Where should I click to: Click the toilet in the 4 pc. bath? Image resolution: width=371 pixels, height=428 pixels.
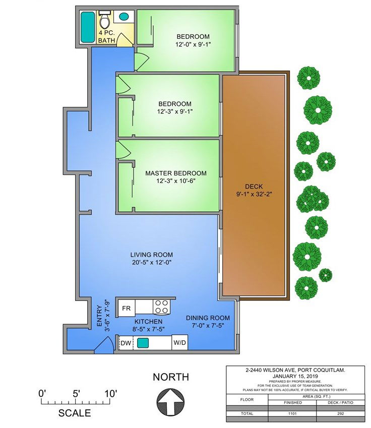tap(104, 20)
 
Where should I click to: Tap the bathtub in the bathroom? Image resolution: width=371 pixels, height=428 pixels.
tap(88, 27)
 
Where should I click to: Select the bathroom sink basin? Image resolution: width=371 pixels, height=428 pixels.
tap(124, 16)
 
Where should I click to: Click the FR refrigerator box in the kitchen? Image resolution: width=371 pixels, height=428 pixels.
tap(127, 308)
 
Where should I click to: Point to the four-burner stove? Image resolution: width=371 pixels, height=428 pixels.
tap(161, 307)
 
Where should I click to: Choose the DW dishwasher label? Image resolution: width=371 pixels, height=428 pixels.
tap(126, 343)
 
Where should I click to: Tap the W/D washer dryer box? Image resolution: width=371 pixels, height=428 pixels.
tap(179, 342)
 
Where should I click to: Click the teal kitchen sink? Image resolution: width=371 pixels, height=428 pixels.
tap(143, 343)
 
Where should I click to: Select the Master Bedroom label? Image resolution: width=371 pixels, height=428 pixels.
tap(176, 173)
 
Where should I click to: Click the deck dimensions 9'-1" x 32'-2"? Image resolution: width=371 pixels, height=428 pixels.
tap(254, 194)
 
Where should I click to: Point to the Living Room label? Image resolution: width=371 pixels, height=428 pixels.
tap(152, 255)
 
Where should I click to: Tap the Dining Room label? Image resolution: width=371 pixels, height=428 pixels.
tap(208, 318)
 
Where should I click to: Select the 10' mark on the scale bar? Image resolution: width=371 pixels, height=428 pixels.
tap(111, 394)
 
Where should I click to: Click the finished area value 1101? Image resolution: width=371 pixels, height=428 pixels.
tap(292, 413)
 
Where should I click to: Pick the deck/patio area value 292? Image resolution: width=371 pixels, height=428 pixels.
tap(340, 413)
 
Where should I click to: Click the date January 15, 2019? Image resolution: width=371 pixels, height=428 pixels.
tap(295, 376)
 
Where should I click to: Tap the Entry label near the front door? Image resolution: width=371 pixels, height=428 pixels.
tap(99, 316)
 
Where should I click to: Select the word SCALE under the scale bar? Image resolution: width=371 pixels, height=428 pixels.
tap(75, 413)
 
